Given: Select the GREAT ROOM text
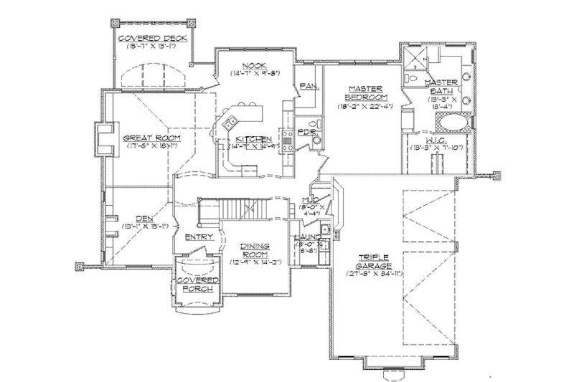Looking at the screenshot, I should click(151, 138).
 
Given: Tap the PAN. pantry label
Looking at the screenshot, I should click(309, 86).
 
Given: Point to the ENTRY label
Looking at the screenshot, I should click(199, 237).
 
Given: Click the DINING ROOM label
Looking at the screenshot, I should click(255, 250).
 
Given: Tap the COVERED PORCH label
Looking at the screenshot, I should click(197, 285).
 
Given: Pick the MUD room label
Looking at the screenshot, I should click(310, 201).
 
